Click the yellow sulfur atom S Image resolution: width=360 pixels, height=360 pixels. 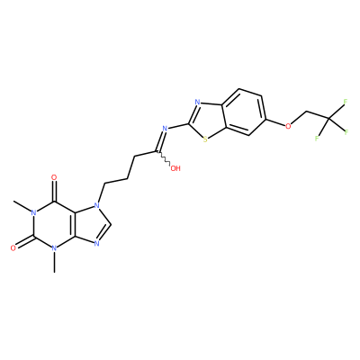pyautogui.click(x=205, y=139)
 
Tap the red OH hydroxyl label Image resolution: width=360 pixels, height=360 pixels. pyautogui.click(x=175, y=168)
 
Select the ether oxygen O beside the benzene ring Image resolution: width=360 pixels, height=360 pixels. pyautogui.click(x=288, y=126)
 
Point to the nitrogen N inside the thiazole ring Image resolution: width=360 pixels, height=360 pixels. pyautogui.click(x=197, y=103)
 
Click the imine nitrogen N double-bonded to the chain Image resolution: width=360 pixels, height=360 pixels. pyautogui.click(x=165, y=129)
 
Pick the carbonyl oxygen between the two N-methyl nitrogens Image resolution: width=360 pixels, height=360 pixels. pyautogui.click(x=13, y=247)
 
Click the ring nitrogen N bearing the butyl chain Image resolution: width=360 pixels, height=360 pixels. pyautogui.click(x=96, y=206)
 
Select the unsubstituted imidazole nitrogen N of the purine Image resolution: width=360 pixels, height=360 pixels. pyautogui.click(x=96, y=243)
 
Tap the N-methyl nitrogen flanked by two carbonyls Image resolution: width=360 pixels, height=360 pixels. pyautogui.click(x=34, y=213)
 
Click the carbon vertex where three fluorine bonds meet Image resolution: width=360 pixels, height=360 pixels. pyautogui.click(x=328, y=119)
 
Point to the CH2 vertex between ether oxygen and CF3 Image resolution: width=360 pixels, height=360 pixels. pyautogui.click(x=307, y=112)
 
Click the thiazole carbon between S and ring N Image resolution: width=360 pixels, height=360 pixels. pyautogui.click(x=189, y=123)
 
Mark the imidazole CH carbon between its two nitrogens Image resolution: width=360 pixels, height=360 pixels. pyautogui.click(x=111, y=224)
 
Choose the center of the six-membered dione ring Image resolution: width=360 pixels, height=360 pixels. pyautogui.click(x=54, y=225)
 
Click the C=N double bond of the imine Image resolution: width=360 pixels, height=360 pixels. pyautogui.click(x=160, y=139)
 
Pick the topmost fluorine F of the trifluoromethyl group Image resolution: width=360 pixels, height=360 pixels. pyautogui.click(x=346, y=102)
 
